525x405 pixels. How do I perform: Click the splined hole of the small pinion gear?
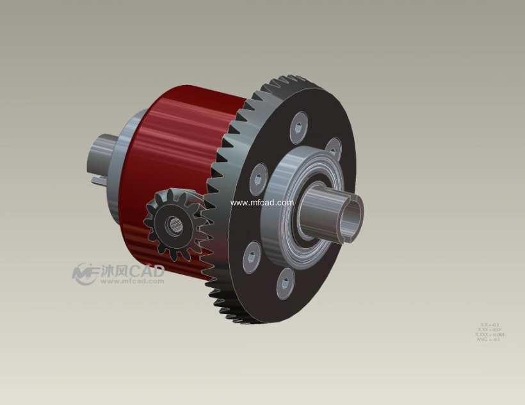(x=174, y=225)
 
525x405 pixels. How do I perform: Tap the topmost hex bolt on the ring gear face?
(x=299, y=126)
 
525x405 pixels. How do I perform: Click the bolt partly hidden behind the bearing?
(x=332, y=148)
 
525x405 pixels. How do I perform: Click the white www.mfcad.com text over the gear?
(x=262, y=203)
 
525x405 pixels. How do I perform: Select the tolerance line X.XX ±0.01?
(x=490, y=330)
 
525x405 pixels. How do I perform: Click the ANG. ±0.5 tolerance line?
(x=488, y=339)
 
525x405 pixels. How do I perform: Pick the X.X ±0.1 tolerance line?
(x=489, y=324)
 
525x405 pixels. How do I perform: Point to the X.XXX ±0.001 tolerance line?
(x=490, y=335)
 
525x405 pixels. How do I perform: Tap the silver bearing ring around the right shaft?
(x=282, y=198)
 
